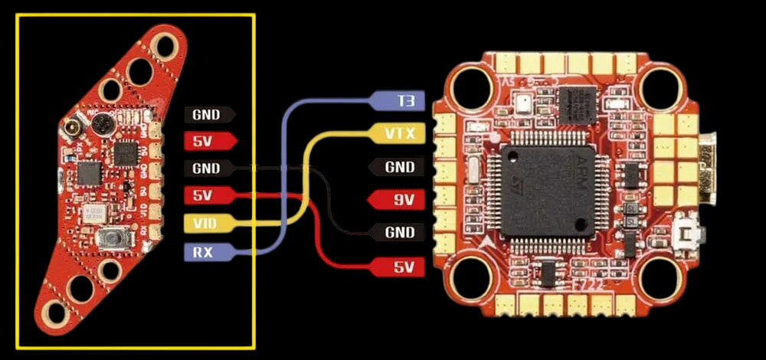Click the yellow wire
click(x=306, y=176)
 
